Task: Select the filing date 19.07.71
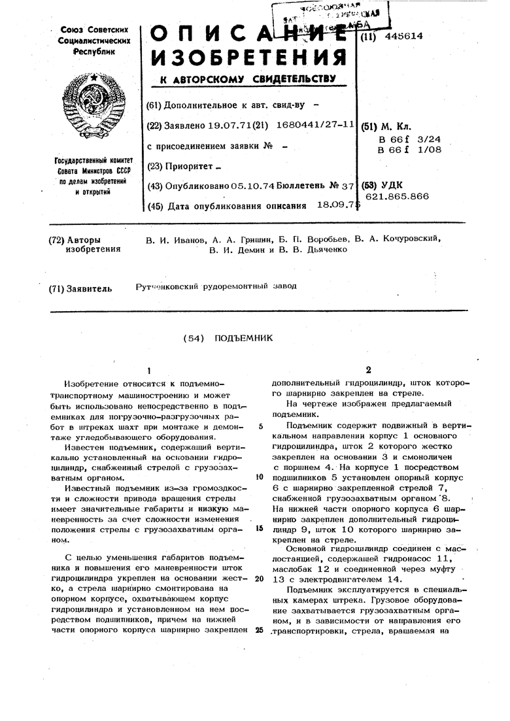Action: pyautogui.click(x=221, y=124)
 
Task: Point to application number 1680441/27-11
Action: pyautogui.click(x=316, y=124)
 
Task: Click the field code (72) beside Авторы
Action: pyautogui.click(x=57, y=239)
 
